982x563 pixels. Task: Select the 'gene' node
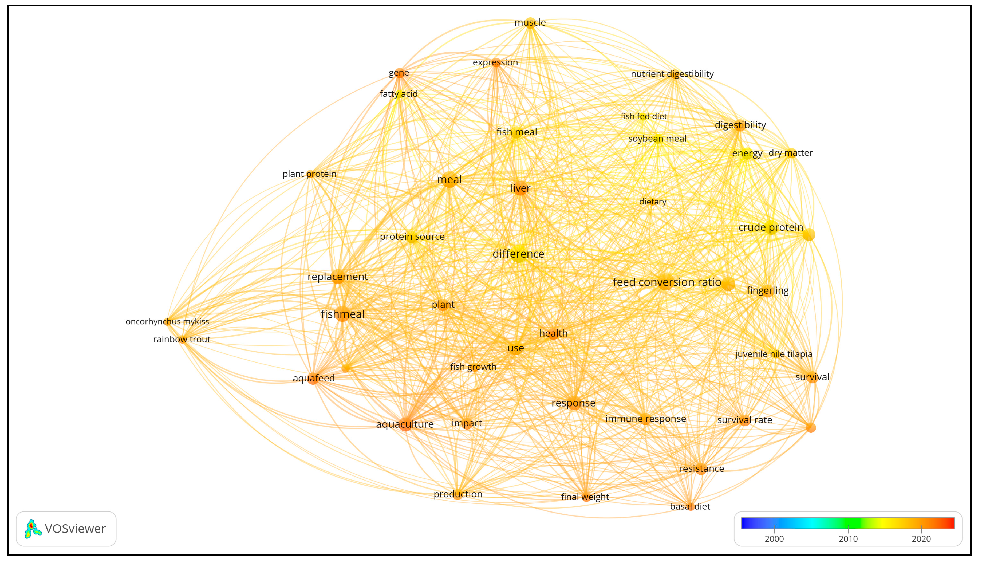click(399, 73)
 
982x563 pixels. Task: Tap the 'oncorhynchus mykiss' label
click(167, 321)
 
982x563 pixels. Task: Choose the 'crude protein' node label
click(771, 227)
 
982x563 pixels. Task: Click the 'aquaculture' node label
click(405, 424)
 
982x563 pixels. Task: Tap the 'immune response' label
click(645, 418)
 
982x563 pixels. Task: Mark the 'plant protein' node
click(310, 174)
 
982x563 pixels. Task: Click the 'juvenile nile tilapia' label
click(773, 354)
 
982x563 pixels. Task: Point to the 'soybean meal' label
click(657, 139)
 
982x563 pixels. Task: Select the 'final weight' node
click(586, 497)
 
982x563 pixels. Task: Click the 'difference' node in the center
click(518, 254)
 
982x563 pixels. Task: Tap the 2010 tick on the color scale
click(848, 529)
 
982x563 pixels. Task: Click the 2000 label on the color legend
click(774, 539)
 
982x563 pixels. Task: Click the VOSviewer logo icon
click(33, 529)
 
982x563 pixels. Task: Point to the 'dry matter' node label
click(790, 153)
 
